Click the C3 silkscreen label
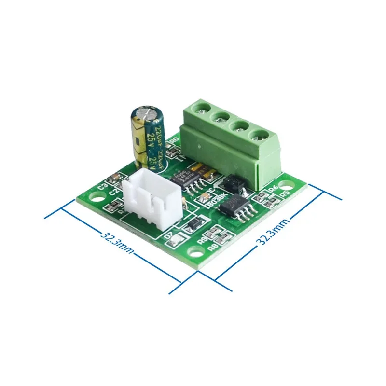point(102,186)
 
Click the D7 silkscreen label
point(168,237)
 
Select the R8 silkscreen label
point(213,247)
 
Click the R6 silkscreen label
point(273,188)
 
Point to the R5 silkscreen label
point(285,194)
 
